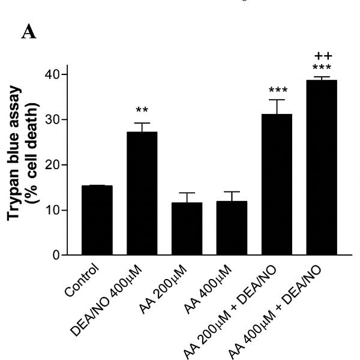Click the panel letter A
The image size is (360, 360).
(28, 33)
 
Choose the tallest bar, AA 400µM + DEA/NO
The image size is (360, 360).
(322, 168)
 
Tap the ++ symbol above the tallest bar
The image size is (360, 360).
(322, 56)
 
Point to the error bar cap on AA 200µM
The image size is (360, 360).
(187, 193)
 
